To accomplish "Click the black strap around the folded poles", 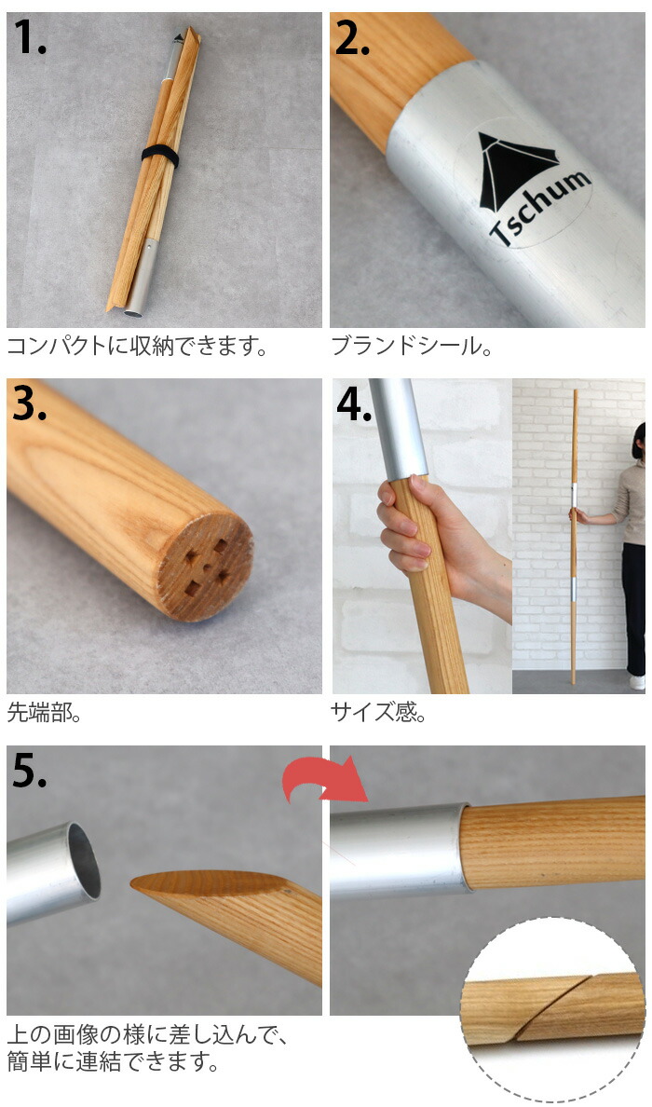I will pos(159,156).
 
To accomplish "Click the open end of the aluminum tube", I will pos(81,861).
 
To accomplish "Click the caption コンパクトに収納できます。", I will pos(138,348).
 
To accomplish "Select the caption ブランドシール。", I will pos(411,348).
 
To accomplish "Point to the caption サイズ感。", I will pos(378,713).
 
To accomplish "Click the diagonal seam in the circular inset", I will pos(550,1008).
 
